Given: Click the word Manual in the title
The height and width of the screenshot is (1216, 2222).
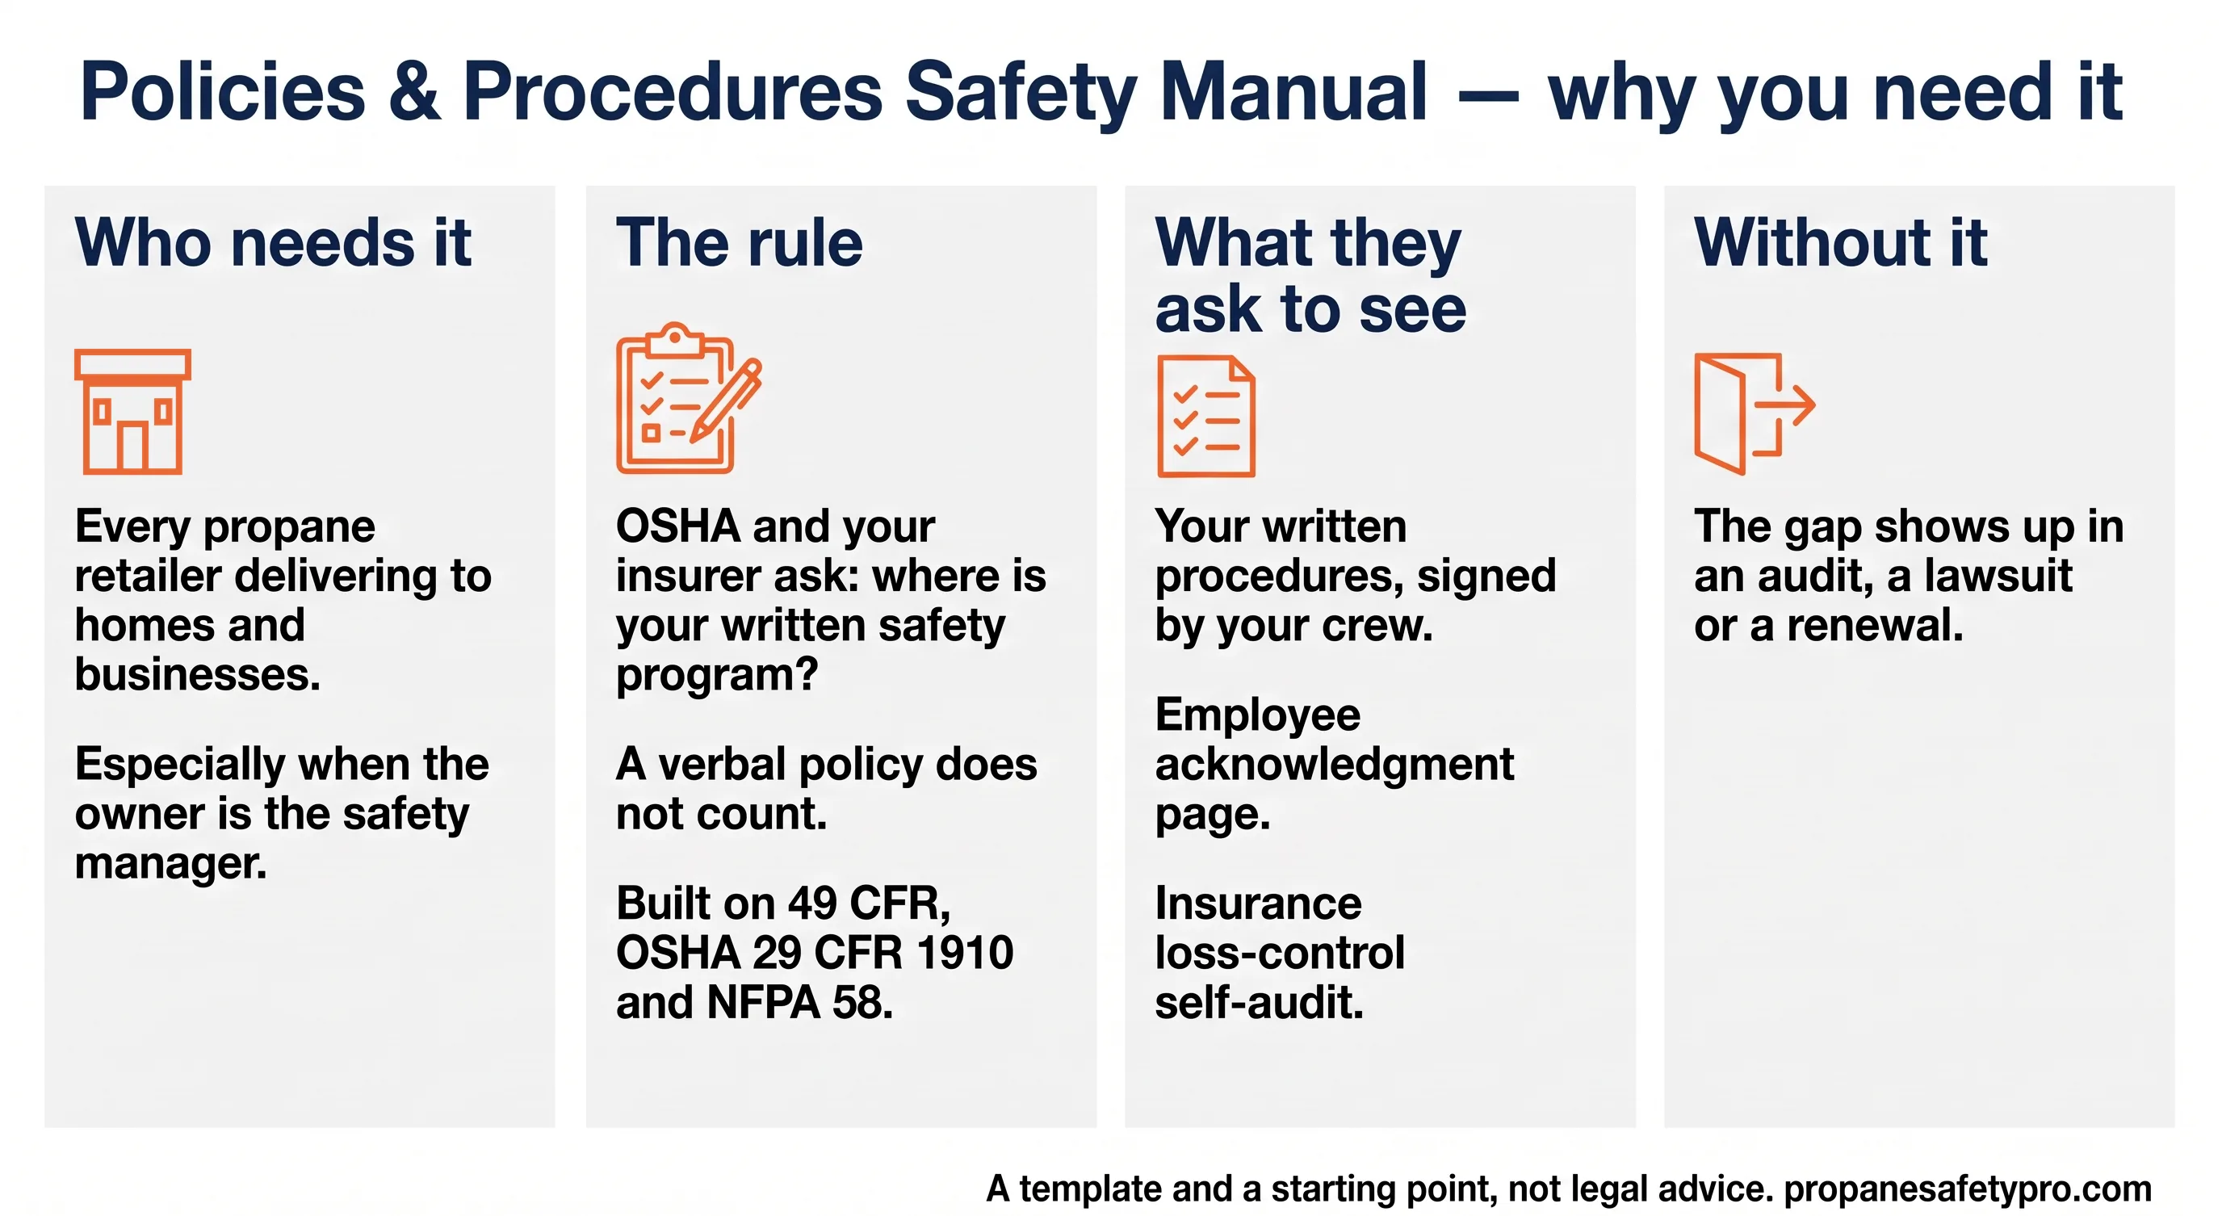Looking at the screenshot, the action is [x=1293, y=91].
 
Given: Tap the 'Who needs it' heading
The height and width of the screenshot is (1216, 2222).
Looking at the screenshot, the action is [x=273, y=242].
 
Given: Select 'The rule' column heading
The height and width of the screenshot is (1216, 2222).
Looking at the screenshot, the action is [x=740, y=242].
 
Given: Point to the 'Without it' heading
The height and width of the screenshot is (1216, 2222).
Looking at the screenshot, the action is [x=1841, y=242].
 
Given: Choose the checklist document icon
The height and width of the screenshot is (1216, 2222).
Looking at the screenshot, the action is [x=1206, y=416].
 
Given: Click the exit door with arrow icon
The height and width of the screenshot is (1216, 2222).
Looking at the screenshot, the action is [x=1755, y=413].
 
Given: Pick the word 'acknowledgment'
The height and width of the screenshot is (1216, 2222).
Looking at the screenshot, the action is [x=1335, y=764].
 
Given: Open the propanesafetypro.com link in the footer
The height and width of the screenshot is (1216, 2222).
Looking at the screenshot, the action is [x=1968, y=1189].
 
